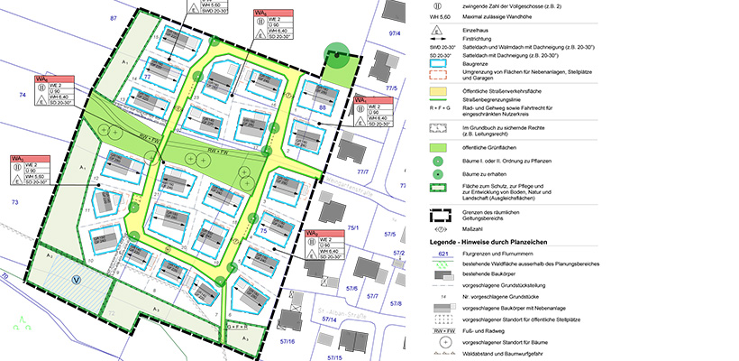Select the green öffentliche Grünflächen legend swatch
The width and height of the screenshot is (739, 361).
tap(437, 146)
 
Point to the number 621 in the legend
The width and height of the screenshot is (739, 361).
tap(437, 255)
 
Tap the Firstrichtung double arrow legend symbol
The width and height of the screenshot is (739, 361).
tap(437, 41)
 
